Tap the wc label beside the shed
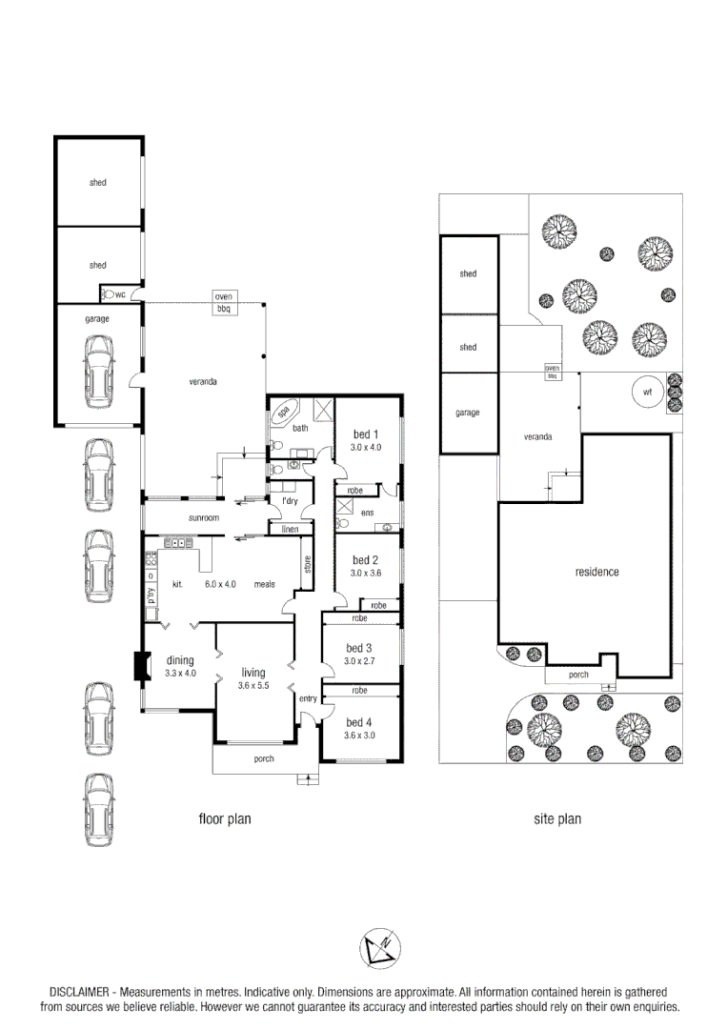[x=120, y=295]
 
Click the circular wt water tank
[x=647, y=392]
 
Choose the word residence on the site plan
[x=597, y=572]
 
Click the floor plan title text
[x=224, y=818]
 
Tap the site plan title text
[x=557, y=818]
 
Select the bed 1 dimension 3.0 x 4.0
[x=365, y=447]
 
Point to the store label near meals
[x=307, y=564]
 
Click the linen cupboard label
[x=291, y=529]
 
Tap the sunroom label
[x=204, y=517]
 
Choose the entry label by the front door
[x=308, y=699]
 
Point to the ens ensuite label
[x=367, y=513]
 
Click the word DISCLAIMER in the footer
[x=80, y=992]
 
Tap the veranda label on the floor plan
[x=203, y=381]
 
